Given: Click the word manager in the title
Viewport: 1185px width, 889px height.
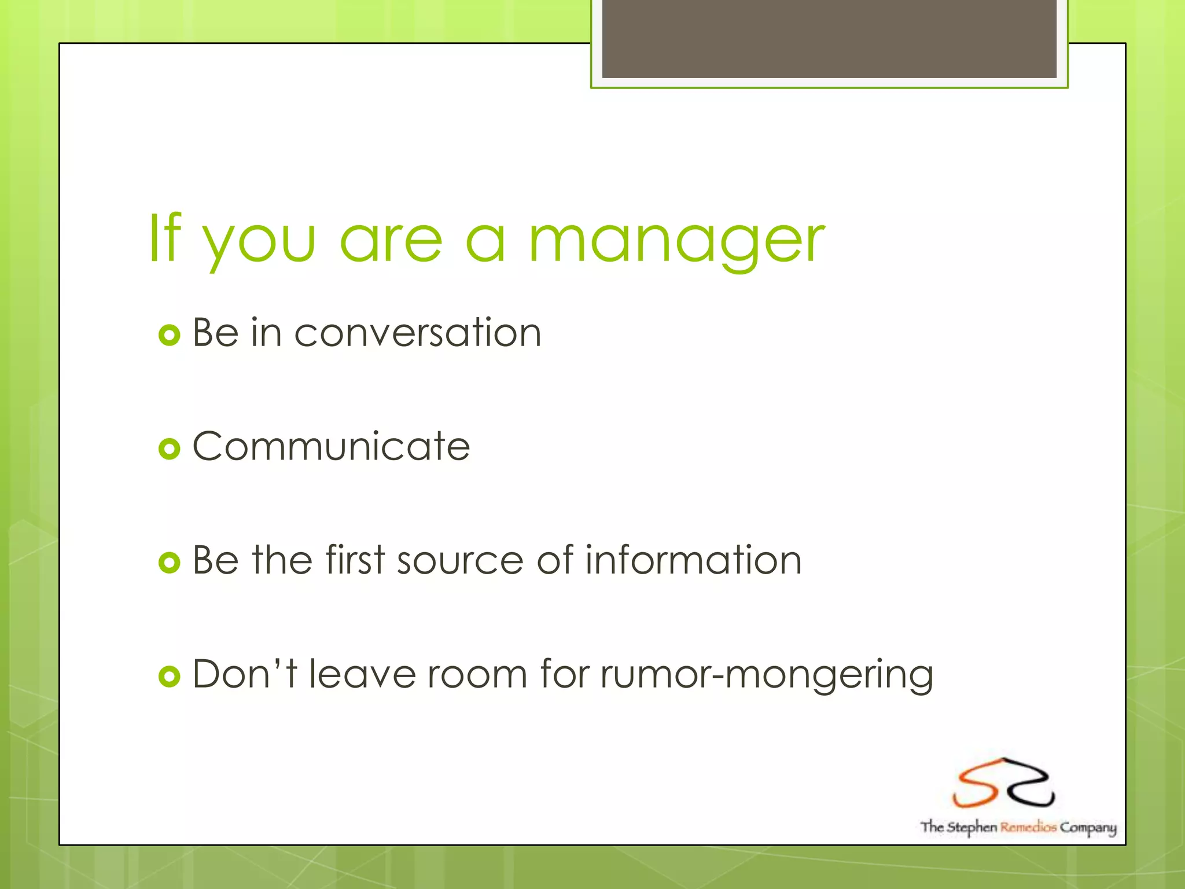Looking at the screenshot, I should [x=677, y=240].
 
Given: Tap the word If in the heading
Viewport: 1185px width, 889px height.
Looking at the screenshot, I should [x=165, y=238].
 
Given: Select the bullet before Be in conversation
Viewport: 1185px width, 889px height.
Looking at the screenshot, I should [x=169, y=335].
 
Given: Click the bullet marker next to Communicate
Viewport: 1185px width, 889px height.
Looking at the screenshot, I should [x=169, y=449].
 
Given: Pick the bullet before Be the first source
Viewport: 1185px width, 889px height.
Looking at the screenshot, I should [x=169, y=562].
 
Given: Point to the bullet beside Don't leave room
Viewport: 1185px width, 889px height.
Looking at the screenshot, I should [x=169, y=676].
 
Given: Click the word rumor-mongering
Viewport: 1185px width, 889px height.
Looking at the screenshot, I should [x=767, y=675].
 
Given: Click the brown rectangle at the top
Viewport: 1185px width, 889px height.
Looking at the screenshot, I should [x=829, y=38].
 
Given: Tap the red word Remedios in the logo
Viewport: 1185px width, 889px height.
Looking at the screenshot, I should [x=1028, y=827].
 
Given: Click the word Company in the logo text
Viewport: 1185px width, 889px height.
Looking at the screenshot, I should [x=1088, y=828].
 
